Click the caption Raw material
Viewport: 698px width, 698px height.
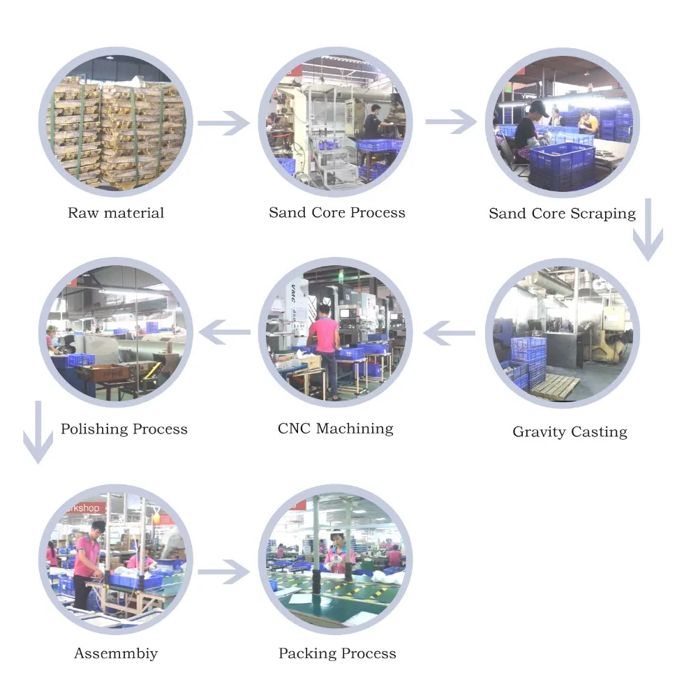pyautogui.click(x=116, y=213)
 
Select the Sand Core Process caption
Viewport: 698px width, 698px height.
pyautogui.click(x=337, y=212)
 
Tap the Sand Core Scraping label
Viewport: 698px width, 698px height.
pyautogui.click(x=562, y=214)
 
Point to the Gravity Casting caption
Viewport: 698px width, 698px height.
pyautogui.click(x=570, y=431)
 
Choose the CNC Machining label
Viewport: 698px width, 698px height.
pyautogui.click(x=335, y=428)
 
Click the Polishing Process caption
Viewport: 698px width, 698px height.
pyautogui.click(x=124, y=429)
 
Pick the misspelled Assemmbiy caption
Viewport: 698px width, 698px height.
pyautogui.click(x=116, y=653)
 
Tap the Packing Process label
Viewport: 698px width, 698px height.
pyautogui.click(x=337, y=653)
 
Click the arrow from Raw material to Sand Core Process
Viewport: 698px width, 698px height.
pyautogui.click(x=223, y=123)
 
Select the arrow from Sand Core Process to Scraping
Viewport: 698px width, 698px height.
pyautogui.click(x=450, y=122)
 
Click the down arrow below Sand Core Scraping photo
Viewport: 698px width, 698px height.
pyautogui.click(x=648, y=230)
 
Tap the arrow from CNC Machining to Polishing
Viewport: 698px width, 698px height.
pyautogui.click(x=224, y=333)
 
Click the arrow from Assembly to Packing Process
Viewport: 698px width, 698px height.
pyautogui.click(x=223, y=572)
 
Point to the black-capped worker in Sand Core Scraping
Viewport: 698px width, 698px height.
pyautogui.click(x=530, y=129)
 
